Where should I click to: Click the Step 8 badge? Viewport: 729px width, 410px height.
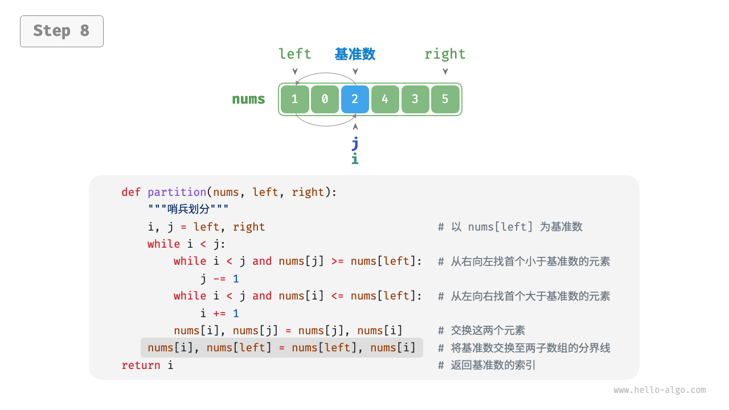(x=62, y=31)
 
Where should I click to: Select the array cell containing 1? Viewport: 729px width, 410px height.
(x=294, y=99)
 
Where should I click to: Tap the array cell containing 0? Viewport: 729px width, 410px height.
(x=325, y=99)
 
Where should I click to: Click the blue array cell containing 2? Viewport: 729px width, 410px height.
(x=355, y=99)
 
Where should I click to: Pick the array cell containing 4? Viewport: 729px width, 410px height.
(x=385, y=99)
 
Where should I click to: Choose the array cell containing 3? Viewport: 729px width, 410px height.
(x=415, y=99)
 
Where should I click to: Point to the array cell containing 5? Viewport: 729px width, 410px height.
(x=445, y=99)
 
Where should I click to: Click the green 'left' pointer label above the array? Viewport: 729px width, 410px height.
(x=294, y=54)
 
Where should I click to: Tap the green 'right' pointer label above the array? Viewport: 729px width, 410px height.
(x=445, y=54)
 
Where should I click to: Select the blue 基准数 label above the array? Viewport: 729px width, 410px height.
(x=355, y=54)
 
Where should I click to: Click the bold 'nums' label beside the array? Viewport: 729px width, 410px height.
(x=248, y=99)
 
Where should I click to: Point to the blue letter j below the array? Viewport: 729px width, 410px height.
(x=355, y=142)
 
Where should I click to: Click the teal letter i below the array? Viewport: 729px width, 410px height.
(x=355, y=159)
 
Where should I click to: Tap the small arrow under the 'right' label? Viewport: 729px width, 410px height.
(x=445, y=71)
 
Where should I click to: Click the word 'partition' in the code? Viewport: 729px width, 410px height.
(x=177, y=192)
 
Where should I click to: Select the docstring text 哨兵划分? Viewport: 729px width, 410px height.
(x=188, y=210)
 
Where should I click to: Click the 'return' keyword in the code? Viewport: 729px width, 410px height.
(x=141, y=365)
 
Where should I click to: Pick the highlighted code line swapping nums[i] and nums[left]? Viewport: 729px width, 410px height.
(x=282, y=347)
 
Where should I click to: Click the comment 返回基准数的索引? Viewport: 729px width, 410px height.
(x=493, y=365)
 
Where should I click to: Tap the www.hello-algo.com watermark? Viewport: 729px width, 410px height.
(x=660, y=390)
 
